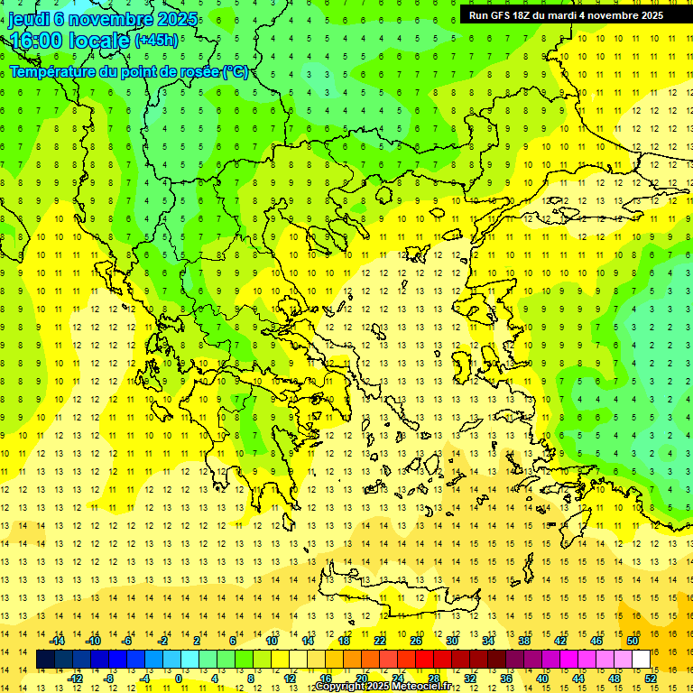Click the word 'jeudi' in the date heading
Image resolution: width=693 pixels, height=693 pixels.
(x=28, y=19)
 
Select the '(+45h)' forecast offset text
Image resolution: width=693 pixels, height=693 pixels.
(x=156, y=41)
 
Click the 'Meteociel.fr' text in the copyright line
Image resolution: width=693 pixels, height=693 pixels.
(x=420, y=687)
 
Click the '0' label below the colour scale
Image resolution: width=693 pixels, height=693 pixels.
(x=178, y=679)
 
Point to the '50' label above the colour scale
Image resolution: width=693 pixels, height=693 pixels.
(x=633, y=641)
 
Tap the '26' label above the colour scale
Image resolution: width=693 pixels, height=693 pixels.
(x=416, y=641)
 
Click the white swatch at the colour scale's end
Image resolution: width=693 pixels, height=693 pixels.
(x=642, y=660)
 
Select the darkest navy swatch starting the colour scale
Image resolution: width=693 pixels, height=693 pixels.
(x=45, y=660)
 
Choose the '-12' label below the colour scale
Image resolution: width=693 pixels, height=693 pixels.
(x=75, y=679)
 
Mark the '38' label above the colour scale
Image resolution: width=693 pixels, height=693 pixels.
(x=524, y=641)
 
